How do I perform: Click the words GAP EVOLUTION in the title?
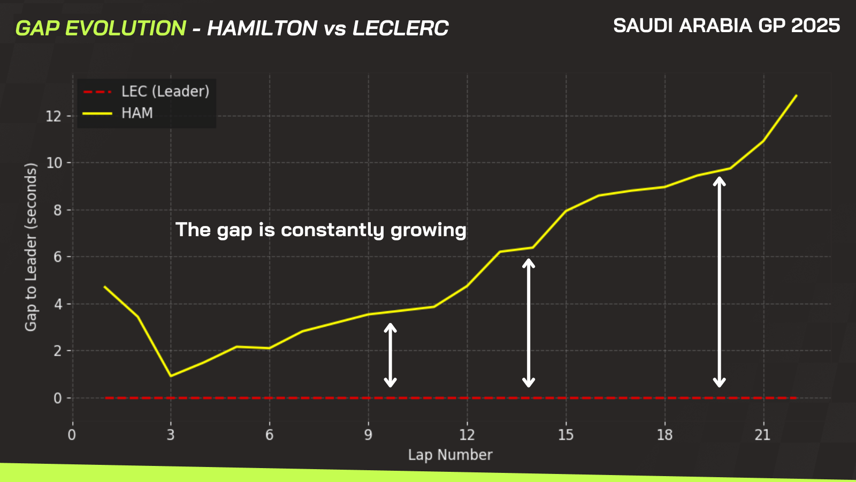pos(101,28)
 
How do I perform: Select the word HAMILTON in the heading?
pos(262,28)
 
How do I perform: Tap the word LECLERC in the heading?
pos(401,28)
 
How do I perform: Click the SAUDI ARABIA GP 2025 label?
pos(727,26)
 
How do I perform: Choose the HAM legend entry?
pos(118,113)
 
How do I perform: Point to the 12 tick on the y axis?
pos(53,116)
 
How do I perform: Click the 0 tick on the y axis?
pos(58,398)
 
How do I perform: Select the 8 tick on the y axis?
pos(58,210)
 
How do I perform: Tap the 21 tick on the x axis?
pos(763,435)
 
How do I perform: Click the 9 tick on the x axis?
pos(368,435)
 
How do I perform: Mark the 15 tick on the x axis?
pos(565,435)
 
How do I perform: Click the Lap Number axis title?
pos(450,455)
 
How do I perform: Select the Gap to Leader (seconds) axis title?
pos(31,247)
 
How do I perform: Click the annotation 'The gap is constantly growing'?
pos(321,230)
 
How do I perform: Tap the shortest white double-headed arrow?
pos(390,356)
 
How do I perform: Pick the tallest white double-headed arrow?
pos(719,282)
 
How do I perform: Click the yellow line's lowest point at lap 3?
pos(171,376)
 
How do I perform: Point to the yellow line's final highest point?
pos(797,95)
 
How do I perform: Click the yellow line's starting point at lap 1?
pos(105,287)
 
